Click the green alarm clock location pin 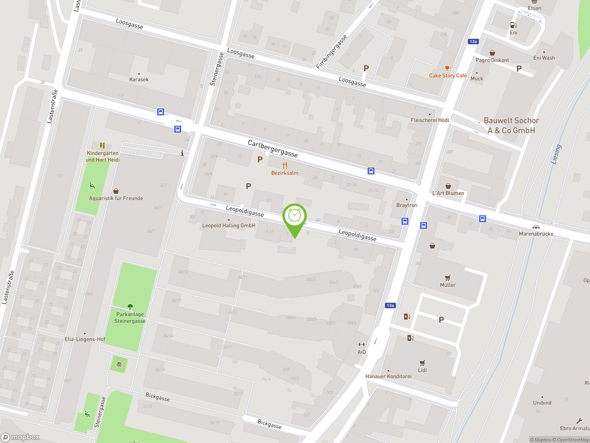[x=295, y=216]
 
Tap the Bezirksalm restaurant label [x=285, y=173]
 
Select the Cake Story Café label [x=448, y=76]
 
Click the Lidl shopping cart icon [x=422, y=363]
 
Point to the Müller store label [x=448, y=285]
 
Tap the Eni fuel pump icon [x=513, y=25]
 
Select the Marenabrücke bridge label [x=536, y=234]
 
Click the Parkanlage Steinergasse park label [x=130, y=317]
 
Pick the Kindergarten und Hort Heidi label [x=103, y=156]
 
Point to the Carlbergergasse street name [x=273, y=148]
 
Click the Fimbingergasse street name [x=332, y=52]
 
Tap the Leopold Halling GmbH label [x=229, y=225]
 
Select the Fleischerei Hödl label [x=430, y=120]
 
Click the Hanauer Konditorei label [x=388, y=376]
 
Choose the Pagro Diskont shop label [x=492, y=60]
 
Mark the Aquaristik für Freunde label [x=116, y=198]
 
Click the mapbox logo [x=20, y=437]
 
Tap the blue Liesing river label [x=556, y=154]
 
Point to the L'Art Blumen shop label [x=448, y=193]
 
